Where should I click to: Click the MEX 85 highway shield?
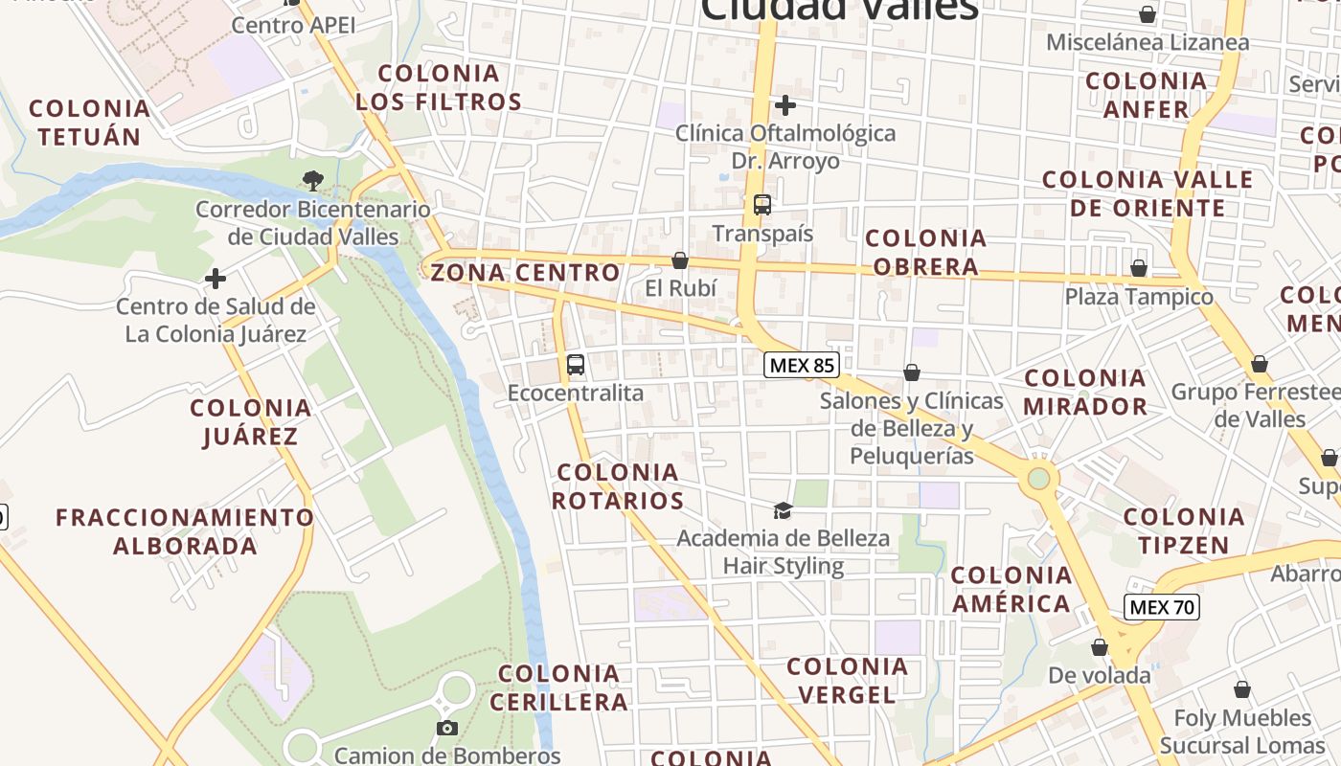pyautogui.click(x=802, y=365)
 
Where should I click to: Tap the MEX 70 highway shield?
pyautogui.click(x=1162, y=607)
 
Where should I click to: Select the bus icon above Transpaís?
pyautogui.click(x=762, y=205)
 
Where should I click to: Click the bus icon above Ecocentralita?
pyautogui.click(x=576, y=365)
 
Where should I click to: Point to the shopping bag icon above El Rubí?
pyautogui.click(x=680, y=260)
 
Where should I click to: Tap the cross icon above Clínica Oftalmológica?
pyautogui.click(x=785, y=105)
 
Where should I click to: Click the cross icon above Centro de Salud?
pyautogui.click(x=216, y=280)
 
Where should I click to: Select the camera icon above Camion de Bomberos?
pyautogui.click(x=446, y=729)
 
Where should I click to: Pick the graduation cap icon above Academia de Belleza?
pyautogui.click(x=783, y=510)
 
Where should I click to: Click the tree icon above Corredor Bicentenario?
pyautogui.click(x=312, y=180)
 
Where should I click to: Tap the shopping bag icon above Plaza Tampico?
pyautogui.click(x=1139, y=269)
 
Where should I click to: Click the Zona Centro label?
pyautogui.click(x=525, y=273)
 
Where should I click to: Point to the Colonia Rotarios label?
pyautogui.click(x=619, y=486)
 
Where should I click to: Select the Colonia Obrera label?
pyautogui.click(x=925, y=252)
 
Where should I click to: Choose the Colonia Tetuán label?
pyautogui.click(x=90, y=122)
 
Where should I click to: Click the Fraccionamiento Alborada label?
pyautogui.click(x=185, y=531)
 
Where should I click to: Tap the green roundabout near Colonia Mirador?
pyautogui.click(x=1038, y=478)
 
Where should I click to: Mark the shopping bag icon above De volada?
pyautogui.click(x=1099, y=648)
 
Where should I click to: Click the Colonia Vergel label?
pyautogui.click(x=847, y=680)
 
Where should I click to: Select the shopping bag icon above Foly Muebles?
pyautogui.click(x=1242, y=690)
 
